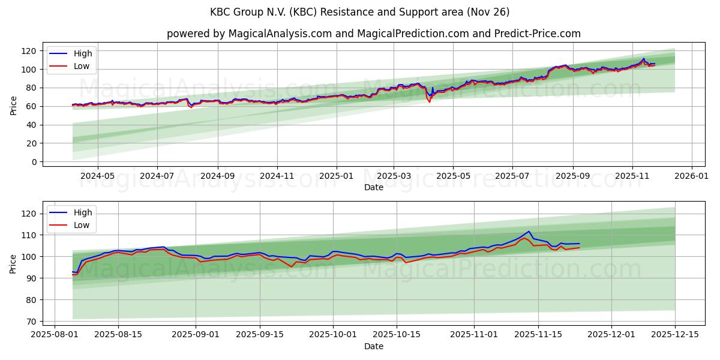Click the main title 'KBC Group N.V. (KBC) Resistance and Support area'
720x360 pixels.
coord(359,12)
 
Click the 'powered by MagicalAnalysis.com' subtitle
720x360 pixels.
coord(373,34)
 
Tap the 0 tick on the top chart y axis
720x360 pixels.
coord(35,162)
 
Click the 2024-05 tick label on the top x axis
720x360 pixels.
coord(97,177)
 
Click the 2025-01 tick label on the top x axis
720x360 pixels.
coord(336,177)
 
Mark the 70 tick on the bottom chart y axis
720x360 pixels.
coord(33,322)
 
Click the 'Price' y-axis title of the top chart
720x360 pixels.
coord(14,106)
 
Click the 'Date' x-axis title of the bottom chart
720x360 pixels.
coord(373,346)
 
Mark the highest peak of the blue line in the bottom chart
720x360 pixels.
coord(529,231)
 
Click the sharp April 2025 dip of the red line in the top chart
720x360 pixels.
coord(429,102)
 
